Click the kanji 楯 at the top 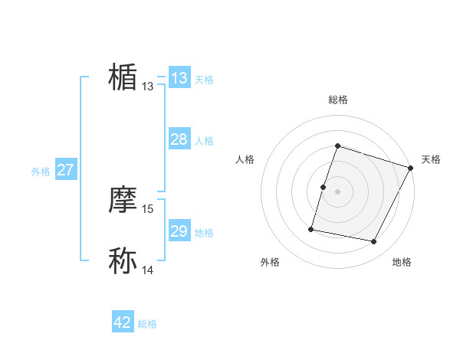coord(123,77)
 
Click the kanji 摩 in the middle coord(123,201)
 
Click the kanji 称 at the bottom coord(123,260)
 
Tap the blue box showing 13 coord(179,78)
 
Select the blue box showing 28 coord(179,139)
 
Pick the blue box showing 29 coord(179,231)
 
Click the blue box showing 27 coord(65,170)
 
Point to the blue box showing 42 coord(123,322)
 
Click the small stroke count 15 coord(148,208)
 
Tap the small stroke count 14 coord(148,270)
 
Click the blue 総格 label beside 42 coord(147,324)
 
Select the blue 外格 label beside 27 coord(41,172)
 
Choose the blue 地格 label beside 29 coord(204,233)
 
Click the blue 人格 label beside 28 coord(204,141)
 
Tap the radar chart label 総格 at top coord(337,100)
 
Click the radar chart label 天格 coord(431,159)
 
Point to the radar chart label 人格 coord(245,159)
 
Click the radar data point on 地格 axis coord(374,242)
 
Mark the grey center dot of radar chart coord(337,191)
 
